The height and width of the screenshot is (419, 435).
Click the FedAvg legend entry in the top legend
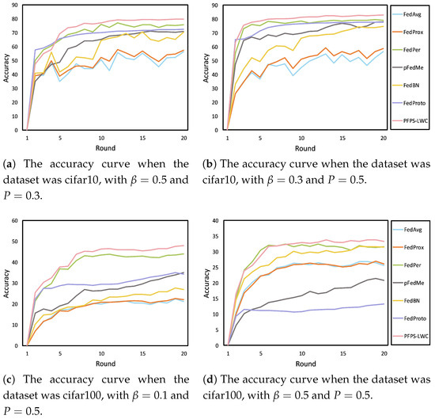[407, 14]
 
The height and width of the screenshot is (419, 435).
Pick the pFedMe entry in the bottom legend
[409, 283]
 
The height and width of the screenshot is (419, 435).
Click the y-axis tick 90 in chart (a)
[14, 5]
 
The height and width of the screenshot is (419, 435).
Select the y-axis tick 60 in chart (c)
[14, 221]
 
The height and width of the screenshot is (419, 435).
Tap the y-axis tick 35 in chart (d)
[215, 237]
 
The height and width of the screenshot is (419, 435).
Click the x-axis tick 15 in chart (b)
[342, 138]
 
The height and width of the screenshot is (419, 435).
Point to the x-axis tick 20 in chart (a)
[183, 138]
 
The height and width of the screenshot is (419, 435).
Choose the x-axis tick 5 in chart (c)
[60, 354]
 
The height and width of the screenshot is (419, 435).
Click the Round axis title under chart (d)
[306, 364]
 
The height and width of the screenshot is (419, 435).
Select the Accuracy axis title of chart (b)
[206, 68]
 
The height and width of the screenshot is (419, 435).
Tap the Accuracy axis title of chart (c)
[6, 284]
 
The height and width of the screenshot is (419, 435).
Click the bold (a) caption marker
[9, 164]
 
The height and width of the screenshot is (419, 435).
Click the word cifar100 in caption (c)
[83, 395]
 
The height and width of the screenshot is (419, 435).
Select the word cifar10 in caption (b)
[220, 180]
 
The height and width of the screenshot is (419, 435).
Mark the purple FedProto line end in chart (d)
[384, 303]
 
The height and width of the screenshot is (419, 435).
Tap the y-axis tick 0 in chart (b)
[217, 130]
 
